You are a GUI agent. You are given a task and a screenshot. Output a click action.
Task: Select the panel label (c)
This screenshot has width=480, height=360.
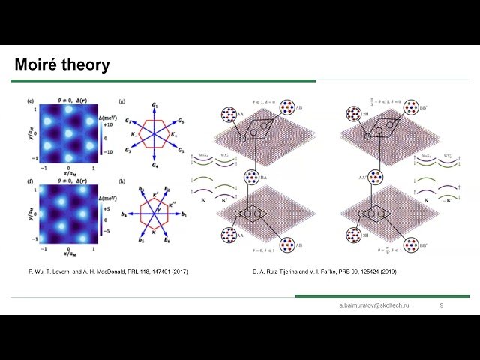pos(29,100)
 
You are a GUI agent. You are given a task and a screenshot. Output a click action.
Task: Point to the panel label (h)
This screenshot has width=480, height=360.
pos(123,178)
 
